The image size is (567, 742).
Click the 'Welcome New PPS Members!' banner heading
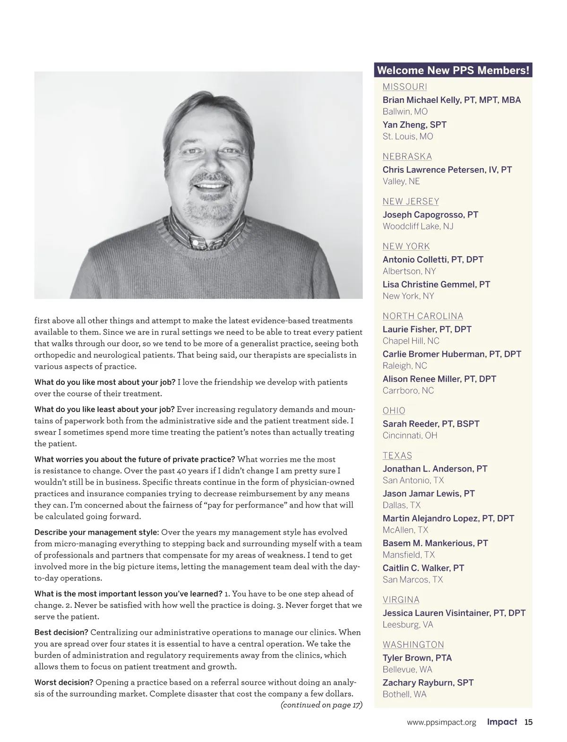click(x=453, y=71)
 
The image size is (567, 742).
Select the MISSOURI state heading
click(x=404, y=87)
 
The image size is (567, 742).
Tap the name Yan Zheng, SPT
click(x=414, y=125)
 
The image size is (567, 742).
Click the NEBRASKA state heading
click(x=407, y=157)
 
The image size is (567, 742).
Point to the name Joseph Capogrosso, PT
click(x=430, y=215)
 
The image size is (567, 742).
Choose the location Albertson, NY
click(x=409, y=271)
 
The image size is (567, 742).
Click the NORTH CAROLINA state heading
click(x=422, y=316)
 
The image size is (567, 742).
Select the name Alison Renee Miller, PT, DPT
click(x=439, y=379)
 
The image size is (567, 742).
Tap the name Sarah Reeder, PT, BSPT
click(x=430, y=424)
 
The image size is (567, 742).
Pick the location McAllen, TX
click(x=405, y=530)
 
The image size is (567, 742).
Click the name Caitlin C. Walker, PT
click(x=423, y=568)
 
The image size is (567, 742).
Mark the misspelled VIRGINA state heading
click(x=401, y=600)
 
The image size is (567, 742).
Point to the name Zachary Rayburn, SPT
click(x=428, y=683)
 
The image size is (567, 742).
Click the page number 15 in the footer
click(x=528, y=722)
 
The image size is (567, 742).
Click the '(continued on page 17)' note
click(x=321, y=705)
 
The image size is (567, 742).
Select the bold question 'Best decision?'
click(x=61, y=632)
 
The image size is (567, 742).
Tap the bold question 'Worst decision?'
click(x=63, y=683)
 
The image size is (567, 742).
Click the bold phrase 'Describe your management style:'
click(x=96, y=532)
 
